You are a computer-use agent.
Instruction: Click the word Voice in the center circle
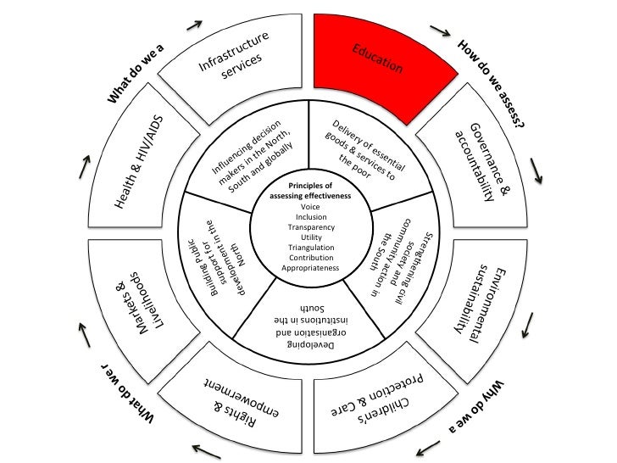(x=311, y=207)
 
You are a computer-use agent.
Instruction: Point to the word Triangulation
(x=311, y=248)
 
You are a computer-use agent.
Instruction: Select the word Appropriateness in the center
(x=311, y=267)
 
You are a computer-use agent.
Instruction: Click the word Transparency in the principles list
(x=311, y=227)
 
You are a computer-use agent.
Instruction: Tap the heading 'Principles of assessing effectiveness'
(x=311, y=189)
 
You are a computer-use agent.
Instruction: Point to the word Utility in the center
(x=311, y=237)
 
